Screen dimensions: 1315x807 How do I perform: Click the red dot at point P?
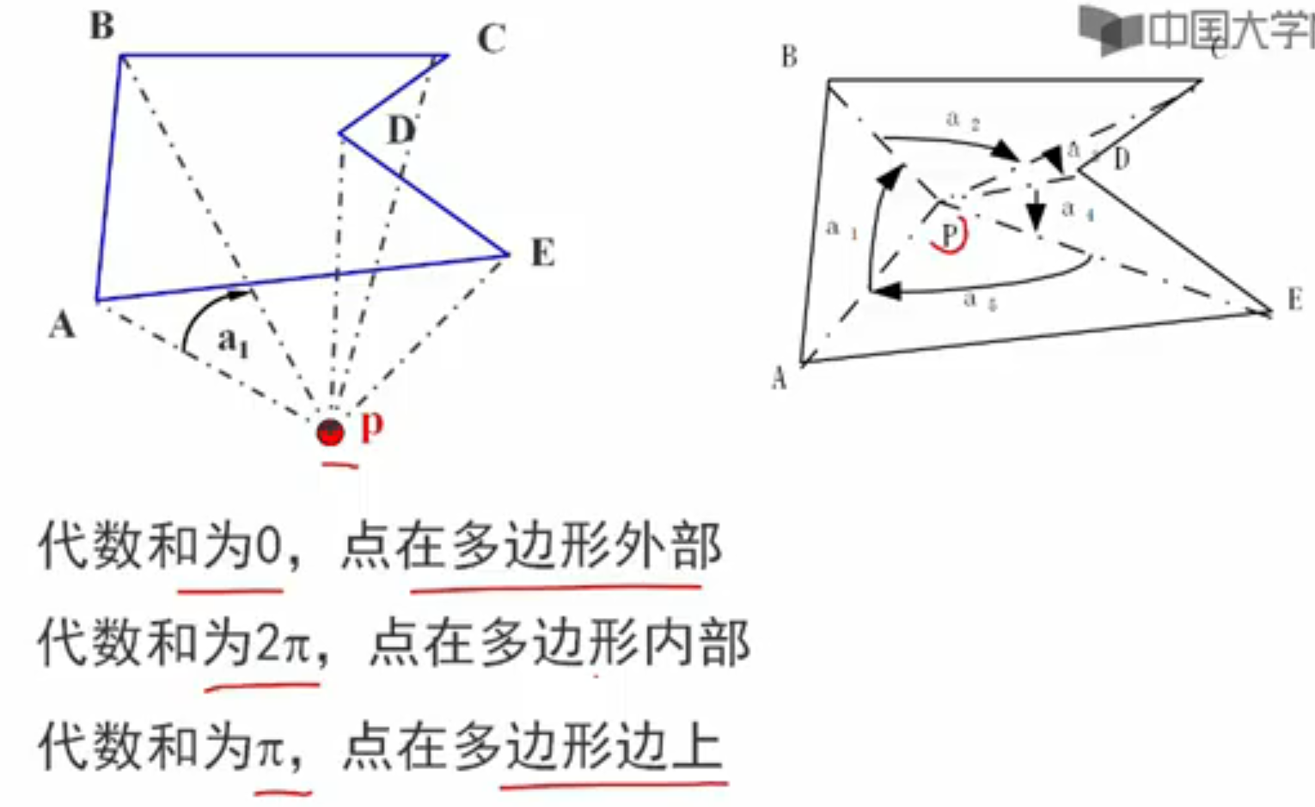(x=331, y=432)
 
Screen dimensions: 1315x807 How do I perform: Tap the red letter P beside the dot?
(x=371, y=425)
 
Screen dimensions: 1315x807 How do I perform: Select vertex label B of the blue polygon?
(x=102, y=27)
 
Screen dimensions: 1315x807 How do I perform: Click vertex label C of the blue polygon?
(x=492, y=40)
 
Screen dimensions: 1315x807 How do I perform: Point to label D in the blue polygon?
(x=401, y=131)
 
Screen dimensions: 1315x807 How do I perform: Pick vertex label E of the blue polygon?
(x=542, y=254)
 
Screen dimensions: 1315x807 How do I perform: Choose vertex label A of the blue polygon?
(x=62, y=326)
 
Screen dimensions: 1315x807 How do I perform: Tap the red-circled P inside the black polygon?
(x=950, y=235)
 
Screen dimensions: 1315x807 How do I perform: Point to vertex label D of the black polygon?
(x=1121, y=159)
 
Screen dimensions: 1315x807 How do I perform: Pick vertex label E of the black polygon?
(x=1294, y=299)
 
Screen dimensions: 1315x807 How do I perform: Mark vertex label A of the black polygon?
(x=779, y=378)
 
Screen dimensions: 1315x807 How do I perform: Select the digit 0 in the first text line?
(x=269, y=547)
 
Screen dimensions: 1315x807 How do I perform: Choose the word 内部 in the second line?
(x=697, y=644)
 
